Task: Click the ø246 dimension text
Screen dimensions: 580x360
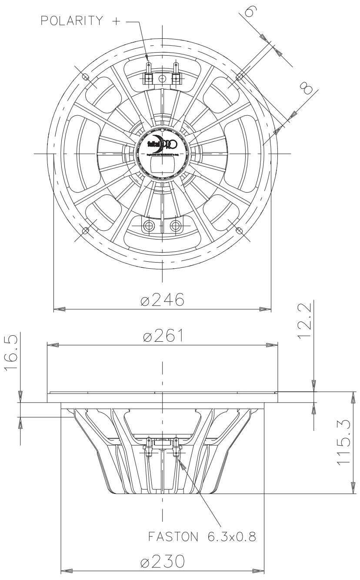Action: click(162, 300)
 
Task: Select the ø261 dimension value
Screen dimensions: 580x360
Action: click(162, 336)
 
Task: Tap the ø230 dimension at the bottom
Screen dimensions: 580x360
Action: click(162, 561)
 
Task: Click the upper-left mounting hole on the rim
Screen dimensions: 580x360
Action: click(85, 77)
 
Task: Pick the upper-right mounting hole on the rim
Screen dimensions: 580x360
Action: click(239, 77)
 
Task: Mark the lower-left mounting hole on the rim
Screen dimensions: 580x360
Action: click(85, 230)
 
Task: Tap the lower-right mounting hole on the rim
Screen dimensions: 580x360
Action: click(239, 230)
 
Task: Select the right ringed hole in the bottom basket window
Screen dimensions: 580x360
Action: click(176, 226)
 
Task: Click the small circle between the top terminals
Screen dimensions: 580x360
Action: click(162, 78)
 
